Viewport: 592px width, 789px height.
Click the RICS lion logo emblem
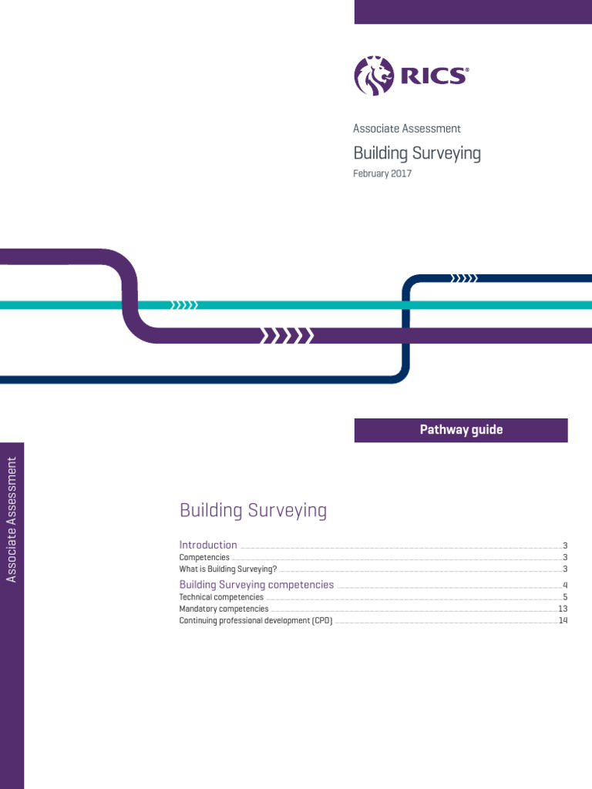click(374, 76)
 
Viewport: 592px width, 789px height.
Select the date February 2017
click(382, 173)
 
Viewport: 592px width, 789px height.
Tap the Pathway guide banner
click(461, 430)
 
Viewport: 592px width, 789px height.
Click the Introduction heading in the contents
click(208, 545)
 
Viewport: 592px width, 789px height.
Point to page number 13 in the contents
click(563, 609)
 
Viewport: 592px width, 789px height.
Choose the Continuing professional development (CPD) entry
click(256, 620)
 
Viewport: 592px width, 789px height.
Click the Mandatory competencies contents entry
click(224, 609)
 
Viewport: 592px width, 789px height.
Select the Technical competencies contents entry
click(221, 597)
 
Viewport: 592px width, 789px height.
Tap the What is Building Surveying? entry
click(227, 569)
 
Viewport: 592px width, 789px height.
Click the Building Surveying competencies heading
click(257, 585)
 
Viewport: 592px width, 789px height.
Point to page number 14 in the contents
click(563, 620)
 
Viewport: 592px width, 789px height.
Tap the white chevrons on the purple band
click(287, 335)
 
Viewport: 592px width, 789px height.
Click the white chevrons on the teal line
click(184, 305)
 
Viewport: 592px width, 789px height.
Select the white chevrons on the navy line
click(464, 278)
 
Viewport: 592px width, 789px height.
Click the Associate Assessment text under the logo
click(407, 129)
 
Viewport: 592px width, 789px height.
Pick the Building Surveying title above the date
click(417, 153)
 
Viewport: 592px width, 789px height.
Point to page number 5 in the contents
click(565, 597)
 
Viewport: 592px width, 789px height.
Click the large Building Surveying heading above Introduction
click(253, 510)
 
